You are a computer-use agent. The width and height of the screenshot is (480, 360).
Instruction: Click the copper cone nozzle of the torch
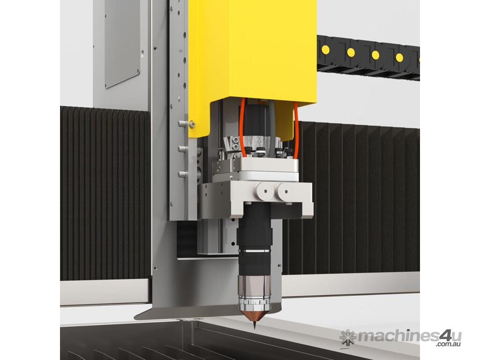point(254,315)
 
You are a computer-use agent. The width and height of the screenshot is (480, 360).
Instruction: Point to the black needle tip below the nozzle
point(255,325)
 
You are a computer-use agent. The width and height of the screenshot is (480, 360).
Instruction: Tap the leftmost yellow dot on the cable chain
point(325,49)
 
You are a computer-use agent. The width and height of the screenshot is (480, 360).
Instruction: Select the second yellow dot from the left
point(351,52)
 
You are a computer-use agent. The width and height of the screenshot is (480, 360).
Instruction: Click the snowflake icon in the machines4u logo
point(348,337)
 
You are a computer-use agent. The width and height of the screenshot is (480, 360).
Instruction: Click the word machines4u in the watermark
point(409,337)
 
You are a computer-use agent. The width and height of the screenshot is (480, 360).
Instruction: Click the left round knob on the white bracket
point(265,192)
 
